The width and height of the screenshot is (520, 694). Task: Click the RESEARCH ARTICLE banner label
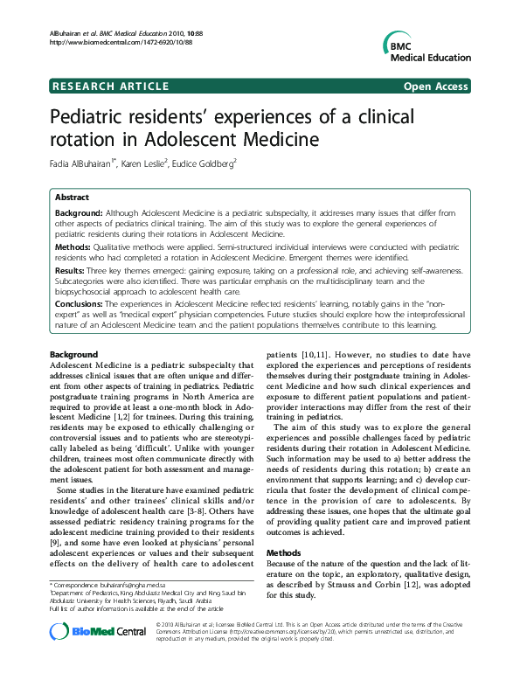111,86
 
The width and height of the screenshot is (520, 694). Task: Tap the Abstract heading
73,198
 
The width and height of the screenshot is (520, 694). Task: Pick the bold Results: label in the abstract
73,272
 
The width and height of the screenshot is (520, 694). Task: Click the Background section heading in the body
74,352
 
